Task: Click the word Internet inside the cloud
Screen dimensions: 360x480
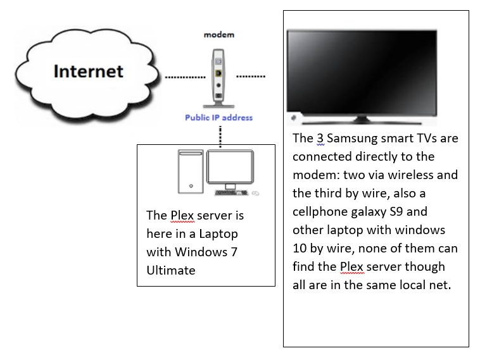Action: tap(88, 71)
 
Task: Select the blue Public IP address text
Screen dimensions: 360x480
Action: tap(218, 117)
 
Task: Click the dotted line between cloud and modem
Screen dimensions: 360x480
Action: tap(184, 78)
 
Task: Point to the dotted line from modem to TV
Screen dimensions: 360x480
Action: tap(251, 77)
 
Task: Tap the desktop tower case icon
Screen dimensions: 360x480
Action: tap(191, 171)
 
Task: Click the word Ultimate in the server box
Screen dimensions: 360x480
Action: tap(171, 270)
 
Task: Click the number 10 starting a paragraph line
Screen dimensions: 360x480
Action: tap(300, 248)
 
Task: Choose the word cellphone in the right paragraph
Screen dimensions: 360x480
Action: tap(320, 211)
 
